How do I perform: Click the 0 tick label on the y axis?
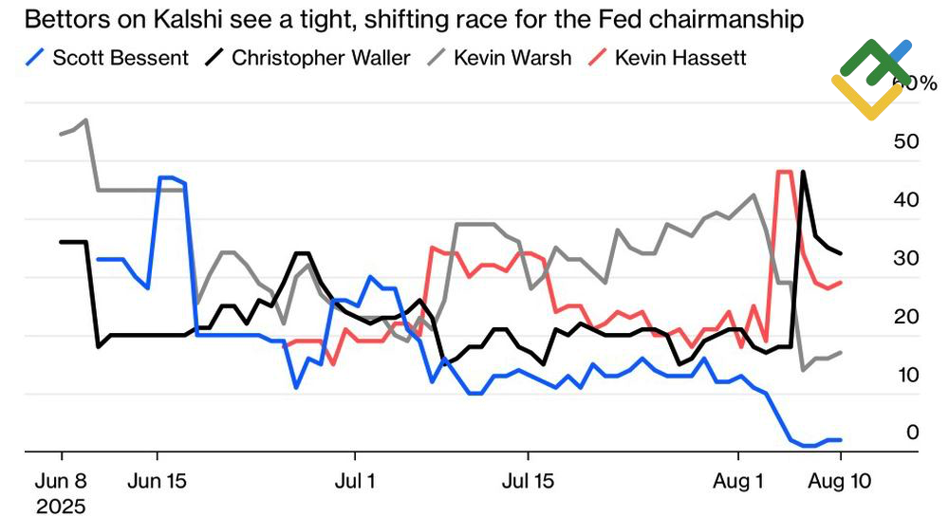(x=912, y=433)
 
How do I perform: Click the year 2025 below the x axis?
(x=61, y=505)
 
